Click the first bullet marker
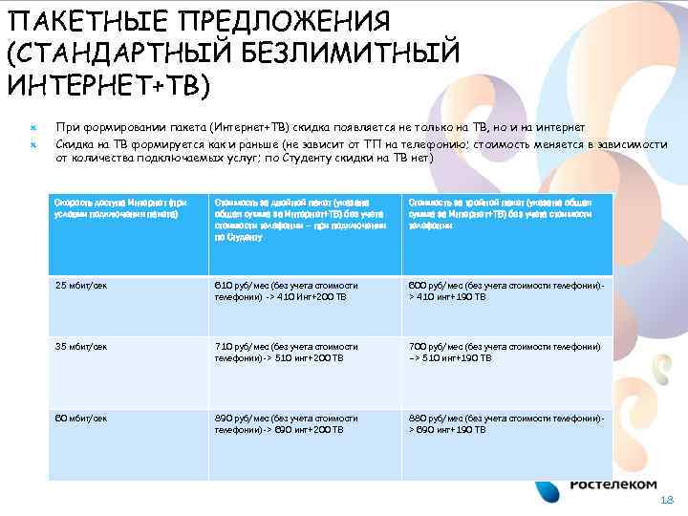click(x=32, y=127)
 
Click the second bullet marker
click(x=32, y=143)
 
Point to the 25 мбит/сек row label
click(x=81, y=285)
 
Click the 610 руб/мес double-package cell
click(x=287, y=290)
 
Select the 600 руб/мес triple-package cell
click(x=506, y=290)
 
